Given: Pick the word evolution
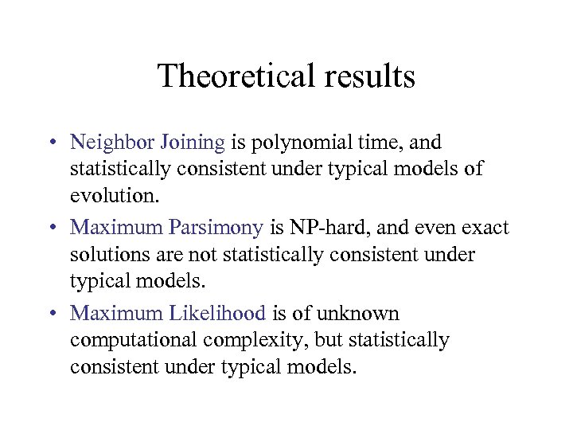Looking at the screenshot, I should [x=107, y=197].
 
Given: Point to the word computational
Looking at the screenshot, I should [x=134, y=341].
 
